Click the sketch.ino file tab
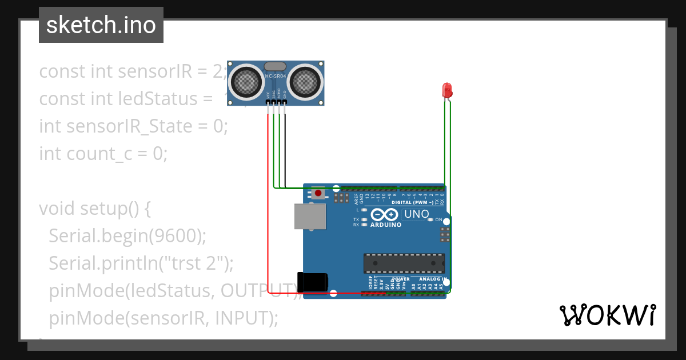tap(101, 25)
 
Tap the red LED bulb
tap(447, 90)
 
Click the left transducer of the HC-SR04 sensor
tap(248, 82)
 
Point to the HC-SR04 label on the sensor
tap(276, 76)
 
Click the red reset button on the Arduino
tap(318, 194)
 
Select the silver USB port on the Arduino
tap(310, 217)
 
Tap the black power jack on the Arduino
tap(313, 283)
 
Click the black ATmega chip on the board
tap(404, 263)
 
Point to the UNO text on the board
tap(417, 214)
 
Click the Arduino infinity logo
tap(385, 215)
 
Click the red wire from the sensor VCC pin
tap(268, 200)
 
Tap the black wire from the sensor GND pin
tap(285, 149)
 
